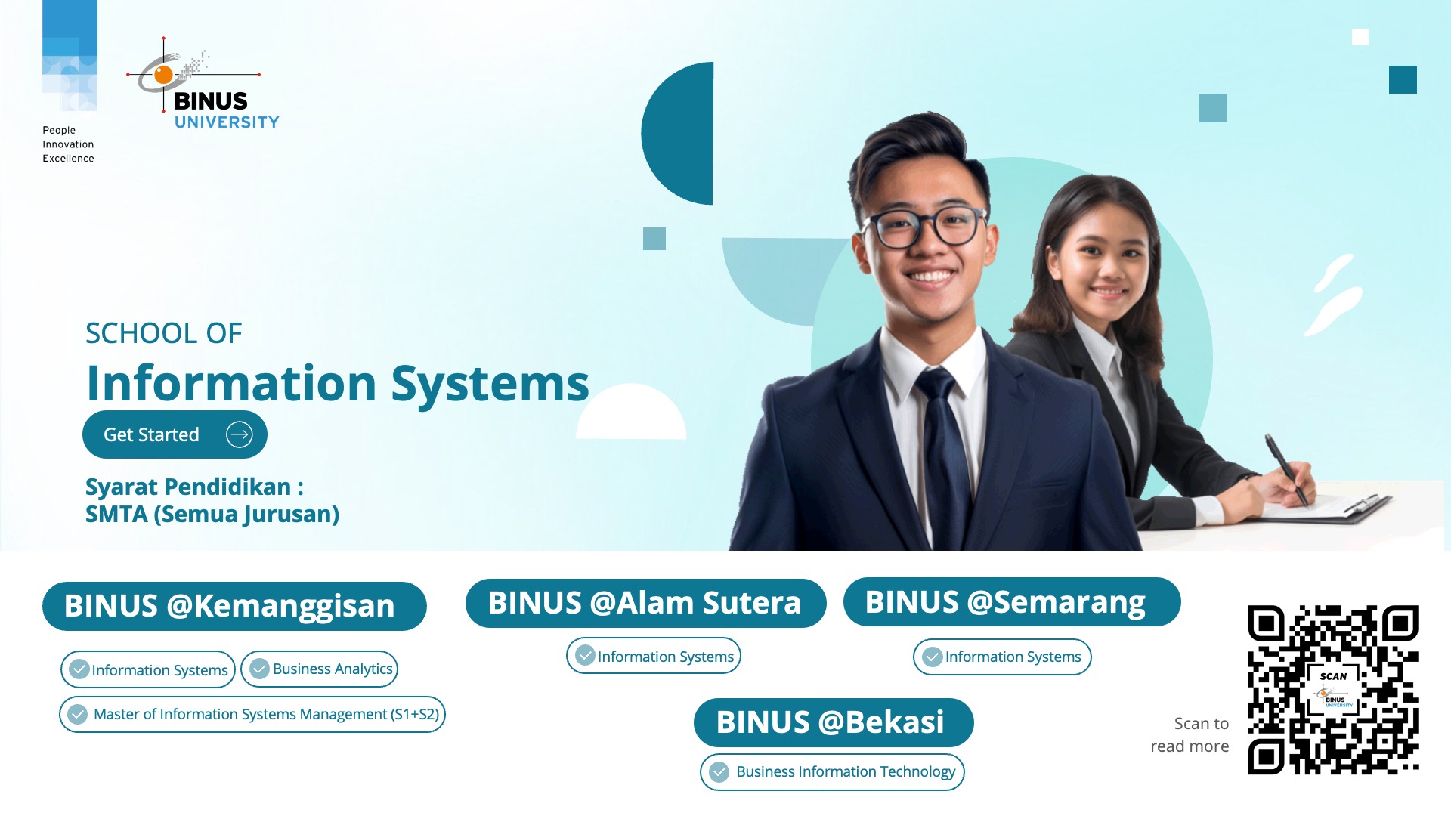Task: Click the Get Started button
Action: [x=174, y=434]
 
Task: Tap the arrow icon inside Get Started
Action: [x=240, y=434]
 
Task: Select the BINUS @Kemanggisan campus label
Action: [x=234, y=606]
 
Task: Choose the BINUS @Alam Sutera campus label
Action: [x=645, y=603]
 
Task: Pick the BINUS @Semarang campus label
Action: [x=1011, y=602]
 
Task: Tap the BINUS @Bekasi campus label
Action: [x=833, y=722]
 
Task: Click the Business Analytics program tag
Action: [x=320, y=669]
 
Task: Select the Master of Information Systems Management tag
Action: [x=252, y=714]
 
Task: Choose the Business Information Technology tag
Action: [x=832, y=771]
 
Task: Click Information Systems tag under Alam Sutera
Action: [x=654, y=656]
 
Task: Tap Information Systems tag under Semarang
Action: [x=1002, y=657]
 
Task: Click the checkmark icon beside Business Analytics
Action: [x=259, y=669]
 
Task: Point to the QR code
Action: [x=1332, y=689]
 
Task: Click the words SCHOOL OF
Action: [x=164, y=333]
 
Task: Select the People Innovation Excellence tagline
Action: [x=68, y=144]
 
